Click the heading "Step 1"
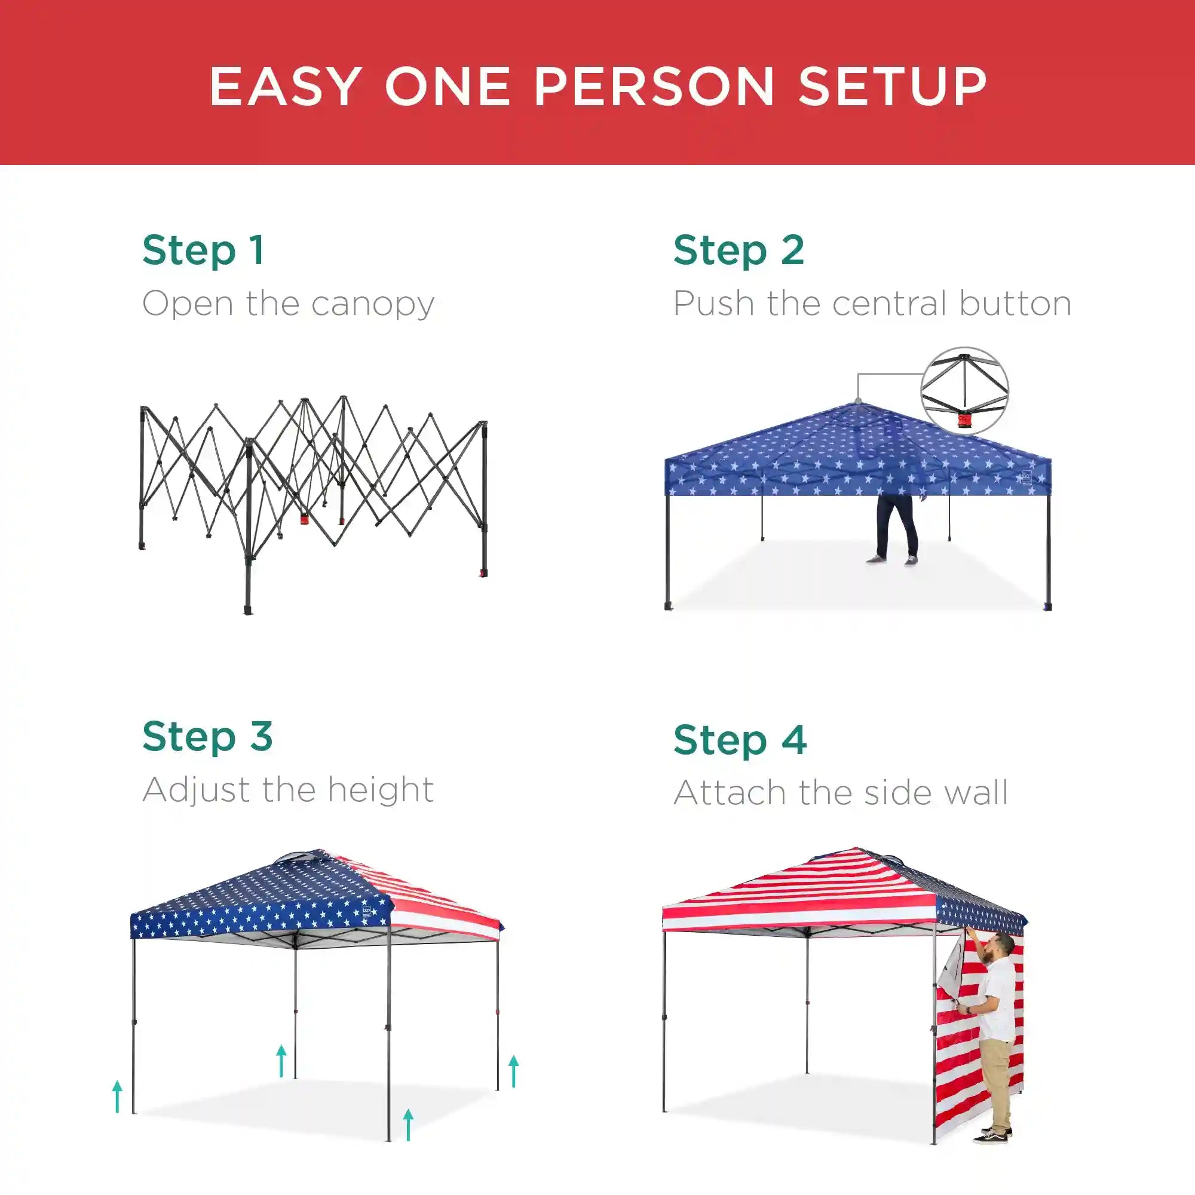(204, 250)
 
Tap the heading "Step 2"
(739, 250)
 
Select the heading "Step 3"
(208, 737)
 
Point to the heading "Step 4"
(740, 740)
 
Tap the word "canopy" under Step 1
(373, 304)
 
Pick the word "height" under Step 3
(381, 790)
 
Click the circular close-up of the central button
(965, 391)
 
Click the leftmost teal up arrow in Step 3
(118, 1096)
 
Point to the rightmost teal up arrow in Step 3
(513, 1071)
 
